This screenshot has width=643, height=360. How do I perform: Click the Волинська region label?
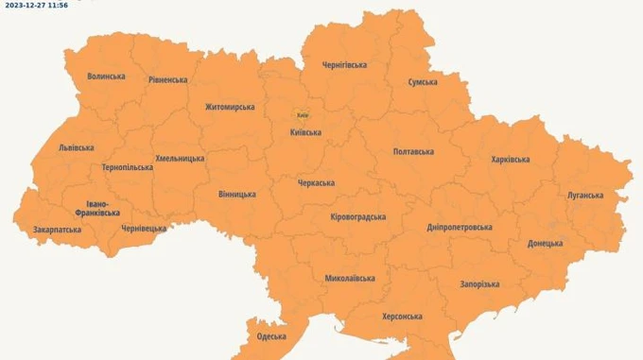point(106,77)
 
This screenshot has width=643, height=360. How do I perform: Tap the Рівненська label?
point(167,80)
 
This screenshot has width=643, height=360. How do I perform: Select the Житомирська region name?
point(230,107)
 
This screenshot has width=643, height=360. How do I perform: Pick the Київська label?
point(305,132)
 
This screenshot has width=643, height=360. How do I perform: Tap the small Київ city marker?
point(303,114)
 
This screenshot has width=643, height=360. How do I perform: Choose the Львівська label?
point(77,147)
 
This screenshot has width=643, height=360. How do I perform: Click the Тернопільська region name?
point(127,167)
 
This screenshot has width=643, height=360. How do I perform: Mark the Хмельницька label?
point(180,158)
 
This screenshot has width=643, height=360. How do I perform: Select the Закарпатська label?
point(57,230)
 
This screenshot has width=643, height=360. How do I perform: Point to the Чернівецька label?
point(144,229)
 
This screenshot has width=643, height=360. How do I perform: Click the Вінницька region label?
point(236,195)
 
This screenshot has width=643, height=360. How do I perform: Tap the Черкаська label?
point(316,182)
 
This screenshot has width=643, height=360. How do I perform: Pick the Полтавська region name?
point(413,151)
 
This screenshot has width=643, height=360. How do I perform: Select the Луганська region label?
point(585,196)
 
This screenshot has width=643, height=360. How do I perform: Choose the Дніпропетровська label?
point(460,228)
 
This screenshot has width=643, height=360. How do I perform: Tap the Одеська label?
point(271,336)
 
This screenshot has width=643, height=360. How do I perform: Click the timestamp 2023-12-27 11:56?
point(34,5)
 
